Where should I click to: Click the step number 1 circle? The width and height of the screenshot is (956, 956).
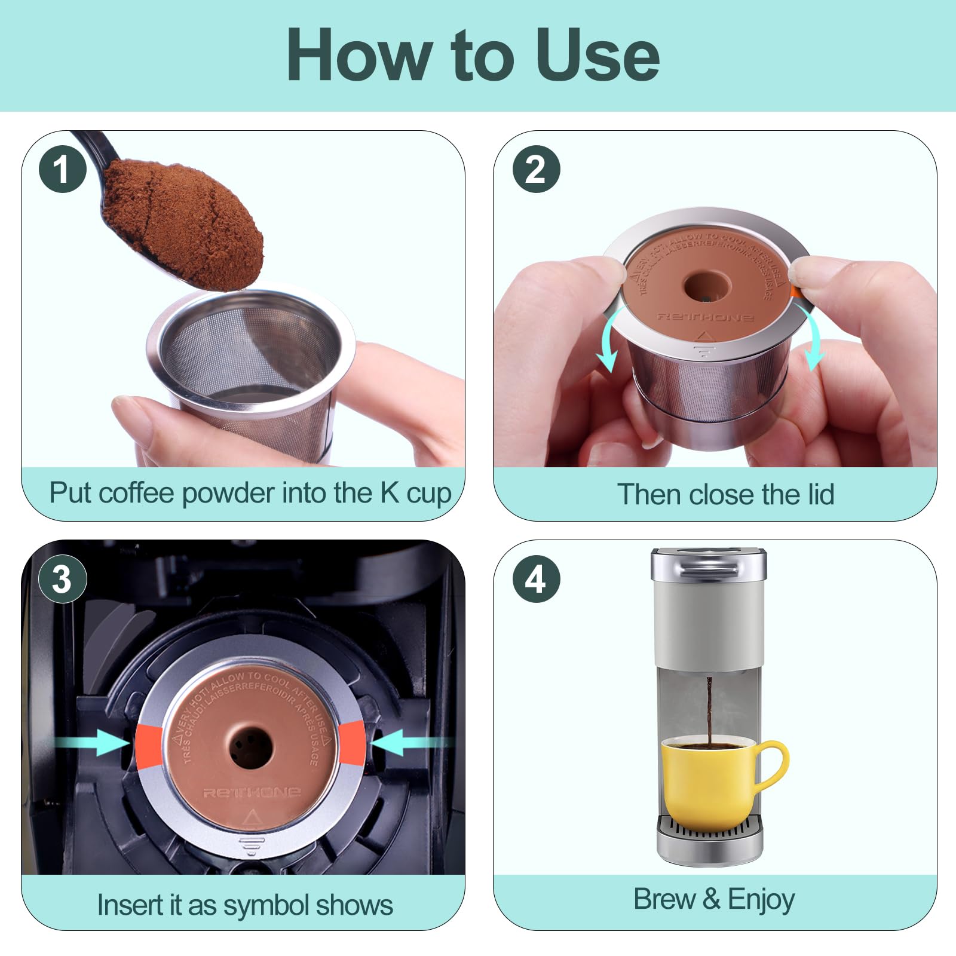click(x=63, y=169)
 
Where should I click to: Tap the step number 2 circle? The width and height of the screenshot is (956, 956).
click(x=536, y=169)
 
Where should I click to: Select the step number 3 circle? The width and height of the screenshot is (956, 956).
click(x=63, y=579)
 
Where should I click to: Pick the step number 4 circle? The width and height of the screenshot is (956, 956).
click(x=536, y=579)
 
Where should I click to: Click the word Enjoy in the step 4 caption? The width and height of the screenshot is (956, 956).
click(x=761, y=900)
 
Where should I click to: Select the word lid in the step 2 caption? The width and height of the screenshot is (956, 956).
click(x=817, y=495)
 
